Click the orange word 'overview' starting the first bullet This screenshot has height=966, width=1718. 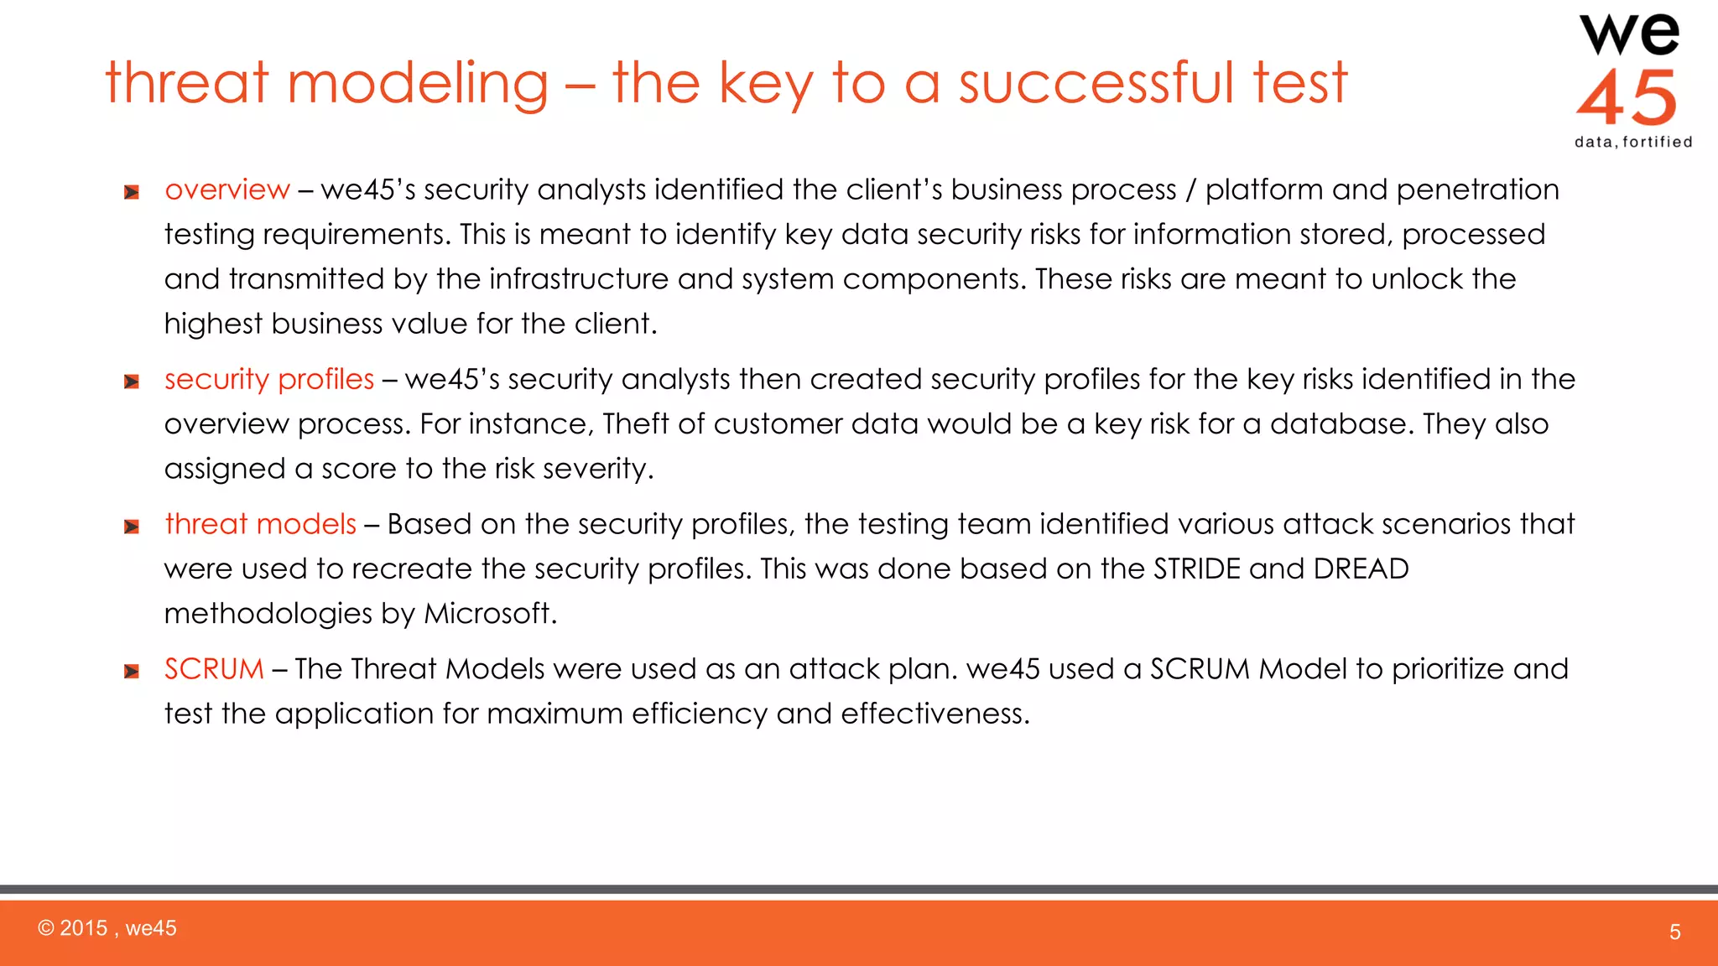coord(227,190)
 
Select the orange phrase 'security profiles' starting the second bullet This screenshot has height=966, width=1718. coord(269,379)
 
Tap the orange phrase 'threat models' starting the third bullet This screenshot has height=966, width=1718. coord(261,524)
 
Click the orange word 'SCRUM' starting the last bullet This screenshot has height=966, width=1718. coord(214,669)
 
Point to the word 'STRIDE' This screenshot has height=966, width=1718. coord(1196,569)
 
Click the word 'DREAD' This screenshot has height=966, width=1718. coord(1361,569)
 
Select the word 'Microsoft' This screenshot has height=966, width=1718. coord(487,614)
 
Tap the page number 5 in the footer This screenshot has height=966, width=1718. coord(1674,932)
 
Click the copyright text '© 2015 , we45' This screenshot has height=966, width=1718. coord(107,928)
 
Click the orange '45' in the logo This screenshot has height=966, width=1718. coord(1627,98)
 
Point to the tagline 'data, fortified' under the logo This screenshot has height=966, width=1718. coord(1633,143)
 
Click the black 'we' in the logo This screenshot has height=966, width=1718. coord(1629,35)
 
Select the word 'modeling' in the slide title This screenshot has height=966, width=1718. coord(418,84)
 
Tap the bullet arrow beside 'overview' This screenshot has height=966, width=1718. coord(132,193)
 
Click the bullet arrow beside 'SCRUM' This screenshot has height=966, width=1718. coord(132,672)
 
